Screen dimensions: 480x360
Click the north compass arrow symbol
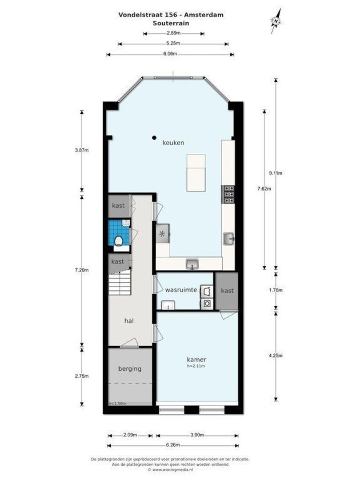[277, 21]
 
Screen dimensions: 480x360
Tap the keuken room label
[173, 143]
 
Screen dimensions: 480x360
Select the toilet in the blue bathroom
[119, 241]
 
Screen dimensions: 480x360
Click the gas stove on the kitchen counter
[228, 194]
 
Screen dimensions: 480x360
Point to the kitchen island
[196, 172]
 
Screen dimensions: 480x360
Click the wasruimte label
[181, 290]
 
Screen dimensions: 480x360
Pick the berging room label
[130, 368]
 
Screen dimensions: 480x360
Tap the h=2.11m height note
[196, 366]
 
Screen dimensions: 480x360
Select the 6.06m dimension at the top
[170, 54]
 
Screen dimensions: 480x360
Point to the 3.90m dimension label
[197, 434]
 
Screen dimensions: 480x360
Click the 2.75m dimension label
[82, 376]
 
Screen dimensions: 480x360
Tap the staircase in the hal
[120, 284]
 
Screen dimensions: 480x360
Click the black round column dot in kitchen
[154, 137]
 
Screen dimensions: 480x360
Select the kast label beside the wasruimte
[227, 290]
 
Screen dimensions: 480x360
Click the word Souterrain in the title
[171, 23]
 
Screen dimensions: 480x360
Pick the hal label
[129, 320]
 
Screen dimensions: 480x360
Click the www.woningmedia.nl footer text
[171, 469]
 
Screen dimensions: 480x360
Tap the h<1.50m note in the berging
[118, 403]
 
